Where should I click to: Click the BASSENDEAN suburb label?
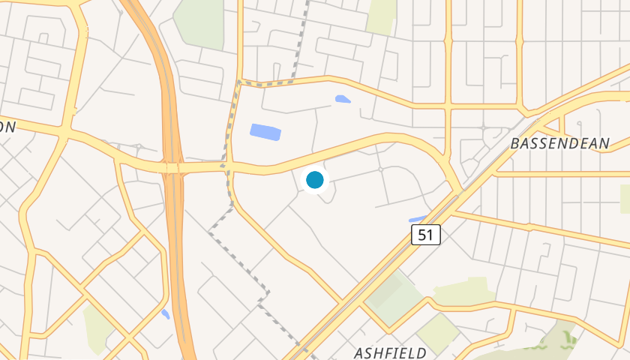[x=560, y=142]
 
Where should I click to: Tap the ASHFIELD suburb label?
[x=390, y=352]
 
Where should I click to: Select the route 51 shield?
[x=425, y=235]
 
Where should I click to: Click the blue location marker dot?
[x=315, y=180]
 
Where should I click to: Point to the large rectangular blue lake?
[x=265, y=133]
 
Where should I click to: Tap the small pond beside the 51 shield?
[x=417, y=220]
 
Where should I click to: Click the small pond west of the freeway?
[x=165, y=314]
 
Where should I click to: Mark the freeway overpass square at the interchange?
[x=173, y=168]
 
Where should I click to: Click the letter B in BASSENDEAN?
[x=514, y=142]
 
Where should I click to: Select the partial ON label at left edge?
[x=7, y=127]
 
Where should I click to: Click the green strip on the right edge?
[x=625, y=198]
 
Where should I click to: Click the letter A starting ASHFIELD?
[x=358, y=352]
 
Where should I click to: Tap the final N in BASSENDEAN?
[x=606, y=142]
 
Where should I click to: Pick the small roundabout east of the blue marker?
[x=381, y=169]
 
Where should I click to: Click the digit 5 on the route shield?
[x=421, y=235]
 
